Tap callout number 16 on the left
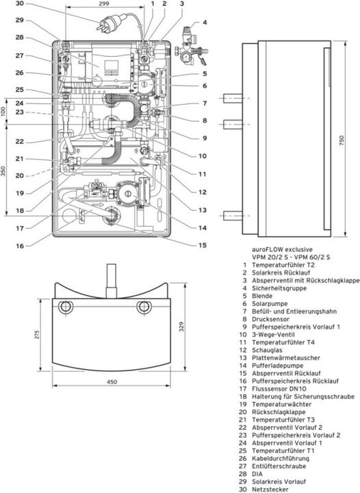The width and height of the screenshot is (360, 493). coord(20,244)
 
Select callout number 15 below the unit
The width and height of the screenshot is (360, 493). coord(203,244)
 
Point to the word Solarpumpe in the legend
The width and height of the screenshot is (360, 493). coord(269,302)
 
